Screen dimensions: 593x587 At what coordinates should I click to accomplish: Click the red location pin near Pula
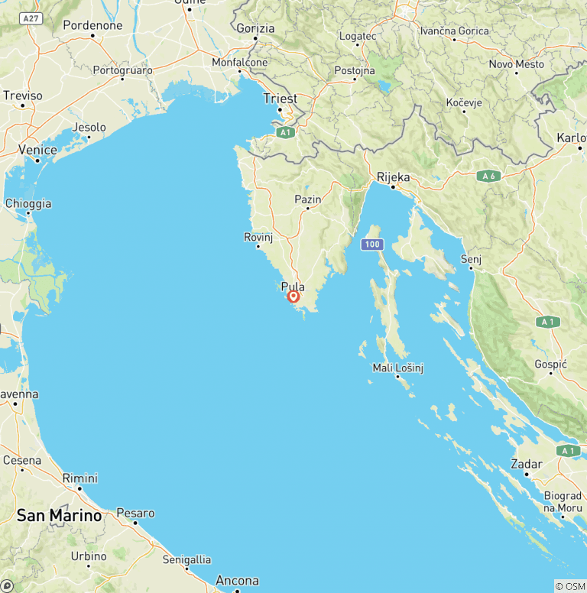293,296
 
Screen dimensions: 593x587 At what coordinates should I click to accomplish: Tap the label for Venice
37,150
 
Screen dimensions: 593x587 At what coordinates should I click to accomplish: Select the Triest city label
280,99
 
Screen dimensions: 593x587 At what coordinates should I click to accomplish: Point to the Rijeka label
394,177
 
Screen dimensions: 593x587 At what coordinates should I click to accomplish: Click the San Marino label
59,515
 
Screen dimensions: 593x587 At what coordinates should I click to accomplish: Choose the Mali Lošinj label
397,368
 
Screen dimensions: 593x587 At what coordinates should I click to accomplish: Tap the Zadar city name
527,464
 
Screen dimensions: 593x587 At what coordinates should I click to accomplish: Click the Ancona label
237,581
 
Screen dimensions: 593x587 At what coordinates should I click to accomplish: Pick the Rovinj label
258,237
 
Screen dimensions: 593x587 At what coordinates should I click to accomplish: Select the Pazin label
308,199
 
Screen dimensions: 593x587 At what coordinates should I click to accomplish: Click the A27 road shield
31,18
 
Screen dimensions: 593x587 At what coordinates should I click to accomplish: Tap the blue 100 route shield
371,245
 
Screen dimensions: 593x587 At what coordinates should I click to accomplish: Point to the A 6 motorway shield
488,177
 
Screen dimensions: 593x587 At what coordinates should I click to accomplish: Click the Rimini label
80,478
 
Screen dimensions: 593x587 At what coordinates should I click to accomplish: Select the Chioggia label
28,203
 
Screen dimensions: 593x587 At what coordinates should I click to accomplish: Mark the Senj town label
471,260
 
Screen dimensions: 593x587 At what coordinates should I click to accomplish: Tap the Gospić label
550,365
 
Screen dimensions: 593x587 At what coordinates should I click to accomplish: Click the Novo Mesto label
517,63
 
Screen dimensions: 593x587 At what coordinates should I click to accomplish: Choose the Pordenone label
92,24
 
